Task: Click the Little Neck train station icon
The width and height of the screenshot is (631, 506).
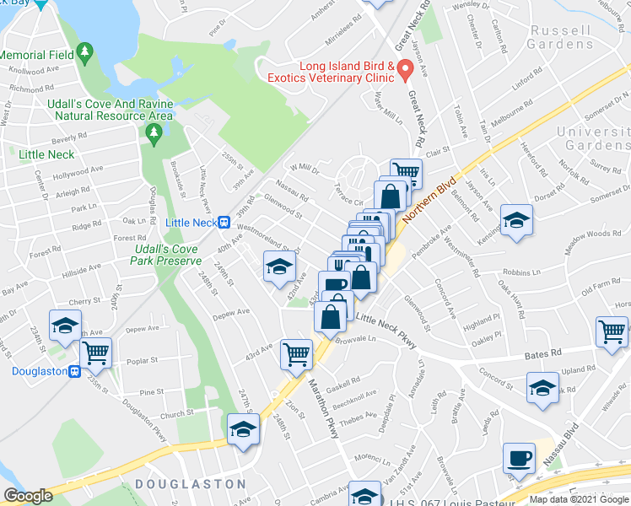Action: click(224, 223)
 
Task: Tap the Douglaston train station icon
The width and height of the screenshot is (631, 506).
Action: click(74, 371)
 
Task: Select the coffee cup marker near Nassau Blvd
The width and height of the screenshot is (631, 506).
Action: click(519, 458)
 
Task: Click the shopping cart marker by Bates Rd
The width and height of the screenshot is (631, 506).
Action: click(612, 331)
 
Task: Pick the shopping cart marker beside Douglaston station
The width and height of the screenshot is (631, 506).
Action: click(96, 352)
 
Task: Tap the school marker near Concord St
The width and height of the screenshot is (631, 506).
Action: click(542, 388)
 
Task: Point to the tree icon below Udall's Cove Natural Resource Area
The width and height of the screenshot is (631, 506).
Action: click(153, 132)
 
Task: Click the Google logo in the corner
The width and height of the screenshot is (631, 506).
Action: click(28, 496)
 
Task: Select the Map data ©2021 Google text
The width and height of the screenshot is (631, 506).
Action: click(579, 499)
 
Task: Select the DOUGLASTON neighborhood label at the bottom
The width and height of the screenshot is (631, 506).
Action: click(190, 484)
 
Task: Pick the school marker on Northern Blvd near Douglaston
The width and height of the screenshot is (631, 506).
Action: click(242, 428)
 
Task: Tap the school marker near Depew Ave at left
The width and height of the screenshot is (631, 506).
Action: click(65, 326)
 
